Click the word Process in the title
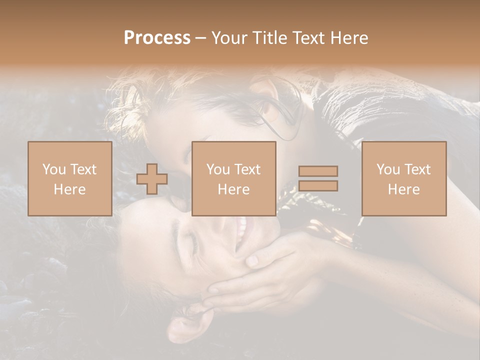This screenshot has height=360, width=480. [x=157, y=38]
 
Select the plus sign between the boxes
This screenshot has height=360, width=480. [x=152, y=179]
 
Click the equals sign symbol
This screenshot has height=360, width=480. [x=318, y=178]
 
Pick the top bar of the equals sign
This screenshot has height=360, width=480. [x=318, y=171]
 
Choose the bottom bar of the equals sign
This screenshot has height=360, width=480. [x=318, y=186]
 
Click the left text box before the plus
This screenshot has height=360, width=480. [x=69, y=178]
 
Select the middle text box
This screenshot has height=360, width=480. [x=233, y=178]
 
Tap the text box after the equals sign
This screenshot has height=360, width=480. [x=404, y=178]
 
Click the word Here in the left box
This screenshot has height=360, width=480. [x=69, y=189]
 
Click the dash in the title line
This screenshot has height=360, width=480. [x=200, y=38]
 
